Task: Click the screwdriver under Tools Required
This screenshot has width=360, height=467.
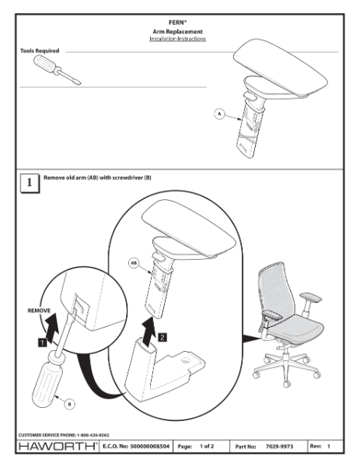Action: pos(54,71)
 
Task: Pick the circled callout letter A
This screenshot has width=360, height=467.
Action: pos(221,114)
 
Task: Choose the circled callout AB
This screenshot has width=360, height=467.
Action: pos(135,264)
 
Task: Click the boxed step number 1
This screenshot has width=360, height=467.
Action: pos(29,184)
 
